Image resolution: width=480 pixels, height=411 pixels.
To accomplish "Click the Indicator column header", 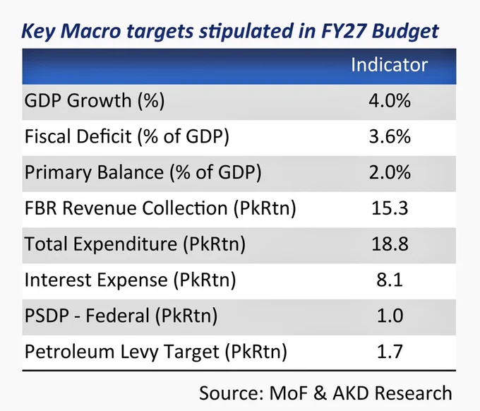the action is click(x=389, y=65).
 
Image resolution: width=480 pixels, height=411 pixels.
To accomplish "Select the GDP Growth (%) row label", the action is click(x=95, y=100).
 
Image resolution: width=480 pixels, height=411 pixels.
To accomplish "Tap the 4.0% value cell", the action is click(x=390, y=100).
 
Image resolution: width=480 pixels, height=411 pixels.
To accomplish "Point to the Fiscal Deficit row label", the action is click(x=127, y=136).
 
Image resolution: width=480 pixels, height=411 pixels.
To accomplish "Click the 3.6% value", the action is click(x=390, y=136).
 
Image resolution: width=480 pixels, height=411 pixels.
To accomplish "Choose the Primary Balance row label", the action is click(x=143, y=172).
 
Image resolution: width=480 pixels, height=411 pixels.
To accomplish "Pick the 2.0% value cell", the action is click(x=390, y=172).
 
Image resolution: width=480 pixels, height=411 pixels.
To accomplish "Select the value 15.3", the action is click(x=390, y=208).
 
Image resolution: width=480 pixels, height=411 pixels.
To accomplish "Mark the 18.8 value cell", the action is click(x=390, y=244).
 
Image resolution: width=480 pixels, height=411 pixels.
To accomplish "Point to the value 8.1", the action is click(x=390, y=280).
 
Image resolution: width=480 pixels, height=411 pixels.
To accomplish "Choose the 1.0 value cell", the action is click(x=390, y=316).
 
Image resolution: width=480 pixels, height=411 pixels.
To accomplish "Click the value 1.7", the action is click(x=390, y=351).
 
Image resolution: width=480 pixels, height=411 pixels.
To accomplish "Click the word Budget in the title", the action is click(x=405, y=31).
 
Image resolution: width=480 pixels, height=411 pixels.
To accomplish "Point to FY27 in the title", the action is click(x=343, y=30).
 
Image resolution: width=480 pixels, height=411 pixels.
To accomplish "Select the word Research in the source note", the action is click(x=413, y=393).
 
